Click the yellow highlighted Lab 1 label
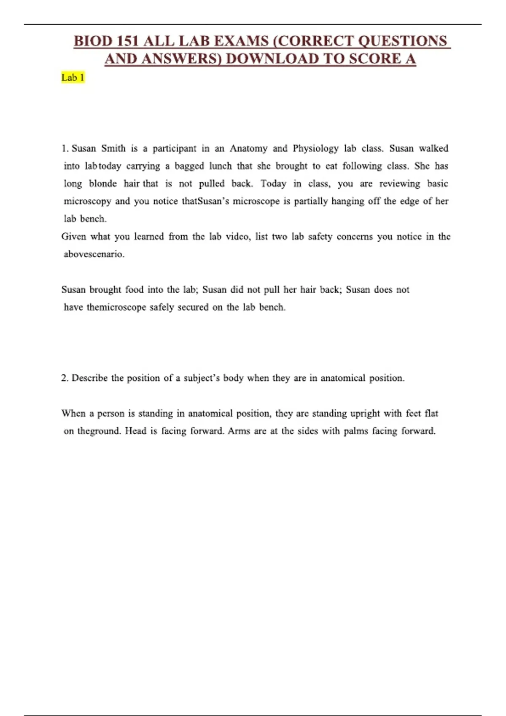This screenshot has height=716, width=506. pyautogui.click(x=73, y=77)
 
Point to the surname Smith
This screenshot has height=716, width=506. pyautogui.click(x=113, y=148)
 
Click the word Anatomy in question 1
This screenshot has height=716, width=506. pyautogui.click(x=248, y=148)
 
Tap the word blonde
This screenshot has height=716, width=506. pyautogui.click(x=103, y=184)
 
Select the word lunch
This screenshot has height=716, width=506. pyautogui.click(x=221, y=166)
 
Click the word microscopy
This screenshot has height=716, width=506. pyautogui.click(x=87, y=201)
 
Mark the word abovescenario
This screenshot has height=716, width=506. pyautogui.click(x=94, y=254)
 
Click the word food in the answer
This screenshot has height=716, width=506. pyautogui.click(x=134, y=290)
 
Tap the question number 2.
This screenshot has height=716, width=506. pyautogui.click(x=65, y=378)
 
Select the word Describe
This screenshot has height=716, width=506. pyautogui.click(x=89, y=378)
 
